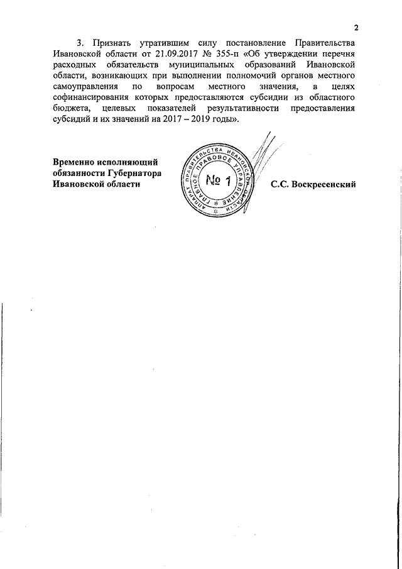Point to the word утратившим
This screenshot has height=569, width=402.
(x=165, y=43)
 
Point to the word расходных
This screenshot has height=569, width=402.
(x=75, y=65)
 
